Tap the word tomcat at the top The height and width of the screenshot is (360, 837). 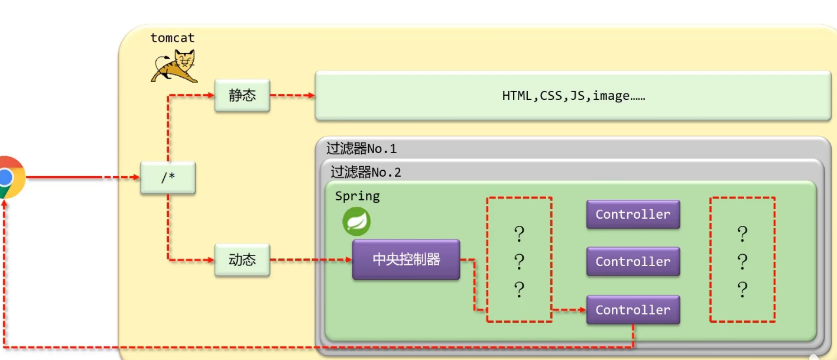[x=172, y=38]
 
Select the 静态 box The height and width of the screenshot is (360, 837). [x=242, y=95]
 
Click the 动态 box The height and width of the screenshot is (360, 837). [x=242, y=260]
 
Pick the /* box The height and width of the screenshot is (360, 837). [x=168, y=177]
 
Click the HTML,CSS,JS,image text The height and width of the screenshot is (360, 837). [x=573, y=96]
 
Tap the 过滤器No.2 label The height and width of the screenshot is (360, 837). [x=366, y=172]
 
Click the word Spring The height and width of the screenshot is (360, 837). [x=357, y=196]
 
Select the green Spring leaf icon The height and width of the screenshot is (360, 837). [x=356, y=222]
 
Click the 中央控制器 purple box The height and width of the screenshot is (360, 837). [x=406, y=260]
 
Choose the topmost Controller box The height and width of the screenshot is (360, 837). [x=632, y=214]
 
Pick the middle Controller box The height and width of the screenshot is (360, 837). [x=632, y=261]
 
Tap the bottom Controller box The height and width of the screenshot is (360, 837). [x=632, y=310]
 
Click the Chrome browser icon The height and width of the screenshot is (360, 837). [x=8, y=177]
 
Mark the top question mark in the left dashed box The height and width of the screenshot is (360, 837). [x=519, y=235]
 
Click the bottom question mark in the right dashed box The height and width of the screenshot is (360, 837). [x=742, y=290]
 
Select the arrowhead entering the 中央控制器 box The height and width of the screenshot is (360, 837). [x=348, y=260]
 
